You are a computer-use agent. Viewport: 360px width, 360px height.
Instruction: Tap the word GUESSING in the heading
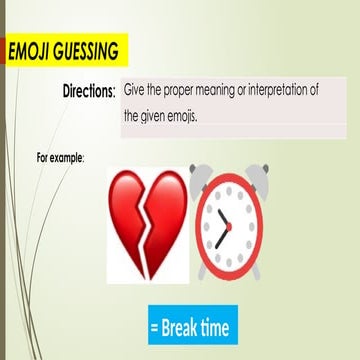pyautogui.click(x=88, y=51)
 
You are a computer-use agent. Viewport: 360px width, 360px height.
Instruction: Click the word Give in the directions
pyautogui.click(x=136, y=90)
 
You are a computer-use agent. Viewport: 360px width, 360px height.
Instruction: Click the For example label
pyautogui.click(x=59, y=158)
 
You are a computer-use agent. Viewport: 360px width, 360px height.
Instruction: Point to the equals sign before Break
pyautogui.click(x=155, y=327)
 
